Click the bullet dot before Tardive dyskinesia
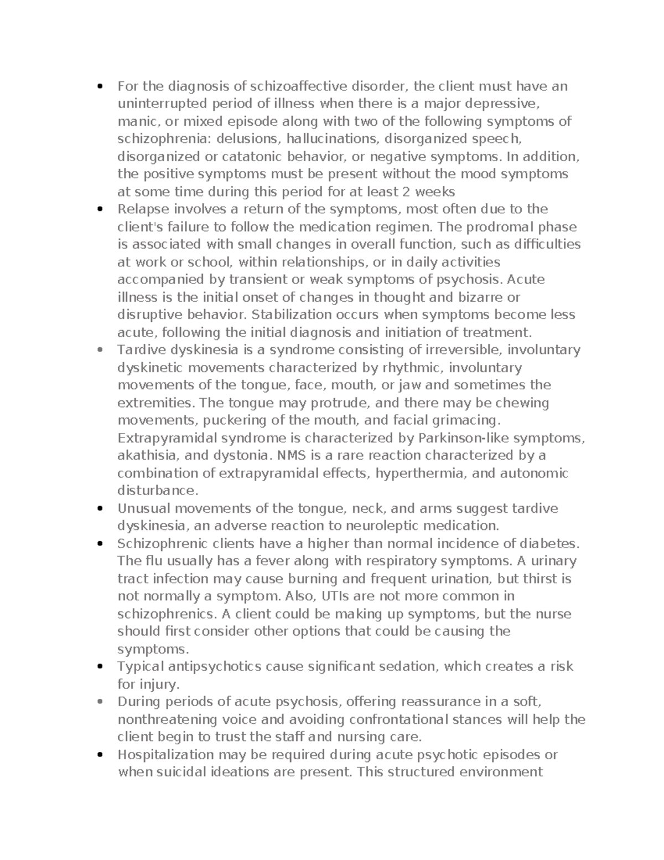point(100,350)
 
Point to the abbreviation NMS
point(292,455)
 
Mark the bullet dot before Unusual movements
point(100,508)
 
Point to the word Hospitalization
point(165,754)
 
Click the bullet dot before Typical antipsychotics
point(100,667)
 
